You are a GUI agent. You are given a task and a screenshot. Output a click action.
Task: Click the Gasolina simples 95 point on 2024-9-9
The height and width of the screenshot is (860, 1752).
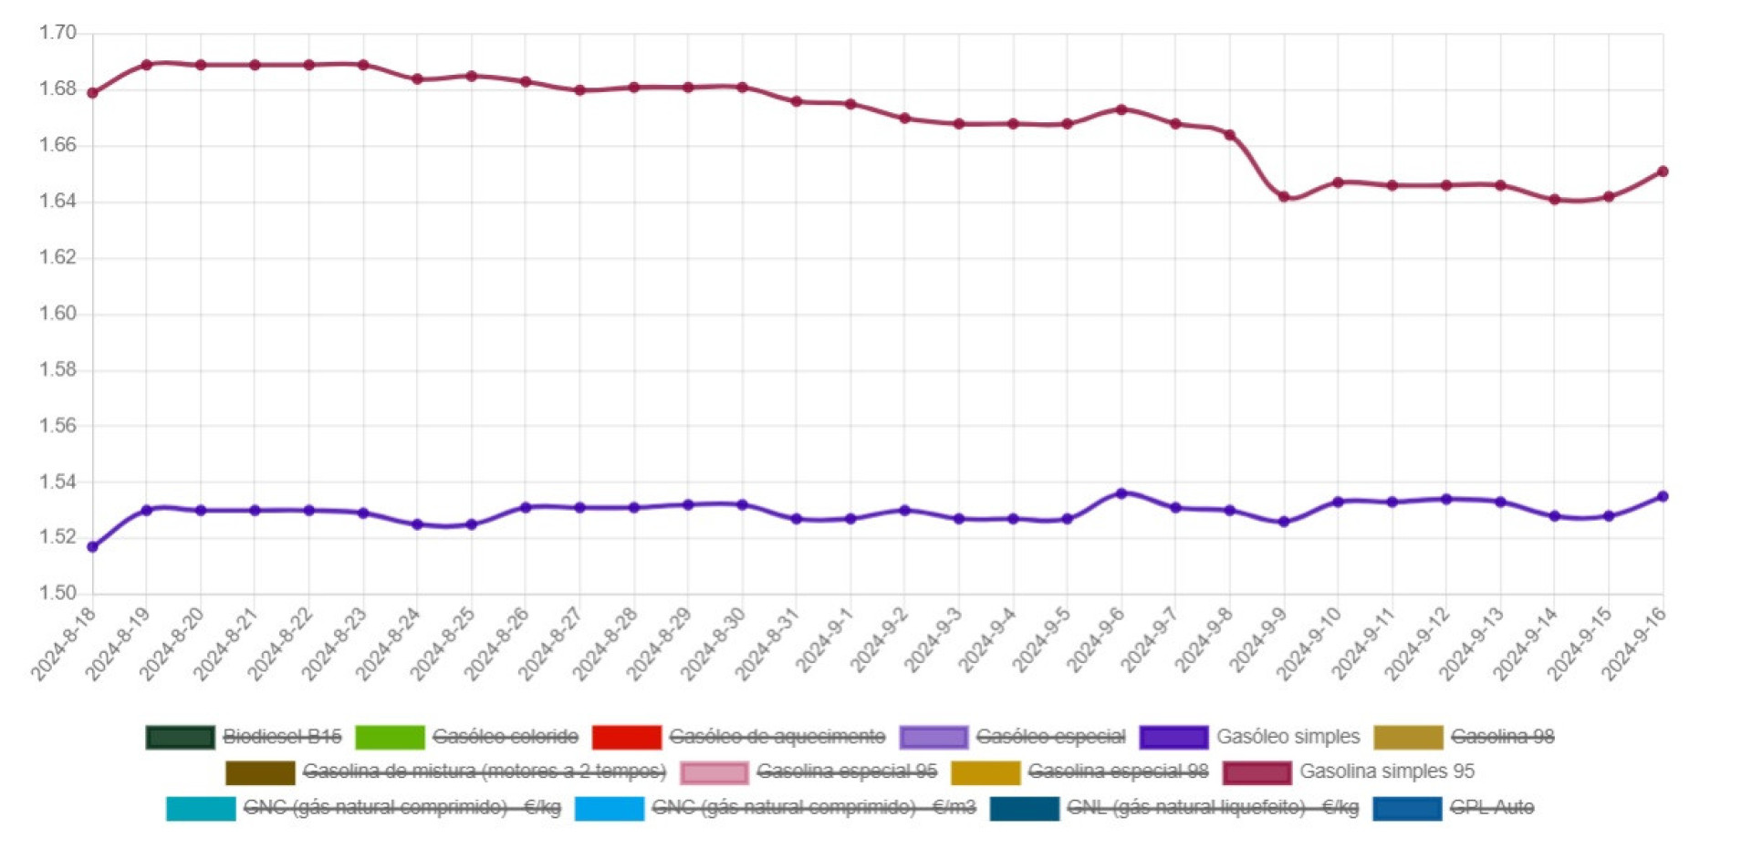1284,197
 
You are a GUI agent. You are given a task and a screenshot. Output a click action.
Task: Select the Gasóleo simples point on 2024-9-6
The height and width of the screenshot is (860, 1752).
1121,493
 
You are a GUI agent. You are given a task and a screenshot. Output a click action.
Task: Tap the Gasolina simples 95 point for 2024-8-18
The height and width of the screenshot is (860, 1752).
92,93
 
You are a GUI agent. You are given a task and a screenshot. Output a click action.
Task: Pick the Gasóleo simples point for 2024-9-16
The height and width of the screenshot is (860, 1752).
1663,497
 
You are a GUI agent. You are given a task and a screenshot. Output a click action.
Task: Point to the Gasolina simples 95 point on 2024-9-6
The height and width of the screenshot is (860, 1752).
1121,109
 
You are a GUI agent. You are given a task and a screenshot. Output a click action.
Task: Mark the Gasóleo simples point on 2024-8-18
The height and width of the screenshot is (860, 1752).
92,547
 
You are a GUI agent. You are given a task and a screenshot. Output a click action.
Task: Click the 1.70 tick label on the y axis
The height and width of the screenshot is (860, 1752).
57,33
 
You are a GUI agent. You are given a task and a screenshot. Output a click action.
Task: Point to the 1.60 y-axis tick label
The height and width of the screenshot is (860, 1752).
57,314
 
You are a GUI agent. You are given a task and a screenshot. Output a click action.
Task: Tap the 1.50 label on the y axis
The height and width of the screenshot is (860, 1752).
57,594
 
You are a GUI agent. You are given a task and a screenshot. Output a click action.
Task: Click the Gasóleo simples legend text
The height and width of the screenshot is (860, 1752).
1288,737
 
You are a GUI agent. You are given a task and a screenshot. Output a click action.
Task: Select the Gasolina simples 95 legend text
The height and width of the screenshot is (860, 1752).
1386,772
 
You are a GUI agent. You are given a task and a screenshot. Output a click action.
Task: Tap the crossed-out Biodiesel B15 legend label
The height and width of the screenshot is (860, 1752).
282,737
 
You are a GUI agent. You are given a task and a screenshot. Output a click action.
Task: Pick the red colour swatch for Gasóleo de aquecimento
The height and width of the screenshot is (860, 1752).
626,737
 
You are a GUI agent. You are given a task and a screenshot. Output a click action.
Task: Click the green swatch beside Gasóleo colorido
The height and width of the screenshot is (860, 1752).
390,737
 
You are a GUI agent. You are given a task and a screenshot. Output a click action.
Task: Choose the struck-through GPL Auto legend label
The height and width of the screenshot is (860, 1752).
1492,808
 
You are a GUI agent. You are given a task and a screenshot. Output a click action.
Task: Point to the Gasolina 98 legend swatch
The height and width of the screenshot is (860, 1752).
1407,737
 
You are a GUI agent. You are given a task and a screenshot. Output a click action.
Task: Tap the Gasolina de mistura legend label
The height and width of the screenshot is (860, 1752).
484,772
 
